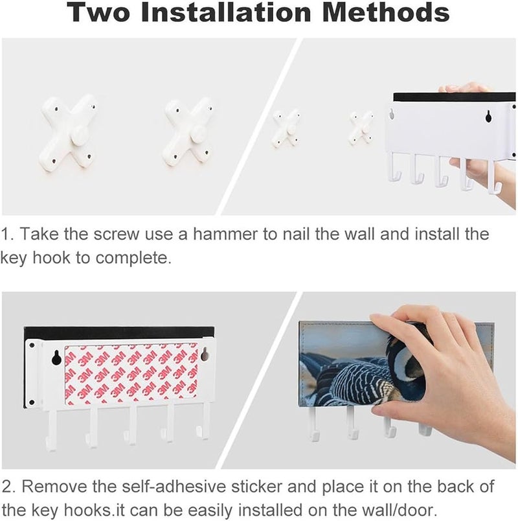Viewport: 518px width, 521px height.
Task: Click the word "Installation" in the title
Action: pos(225,12)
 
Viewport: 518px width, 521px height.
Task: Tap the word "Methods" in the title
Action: pos(386,12)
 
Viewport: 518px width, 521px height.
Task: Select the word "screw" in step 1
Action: pos(116,234)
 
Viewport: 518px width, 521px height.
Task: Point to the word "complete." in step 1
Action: pos(133,258)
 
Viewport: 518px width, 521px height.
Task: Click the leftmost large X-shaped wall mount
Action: pos(68,133)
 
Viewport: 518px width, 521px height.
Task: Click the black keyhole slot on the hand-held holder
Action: pos(488,116)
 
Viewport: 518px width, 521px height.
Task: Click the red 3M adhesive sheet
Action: pos(131,375)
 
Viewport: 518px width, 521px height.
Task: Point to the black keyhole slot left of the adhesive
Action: pos(56,358)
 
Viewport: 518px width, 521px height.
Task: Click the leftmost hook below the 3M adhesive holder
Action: pos(52,430)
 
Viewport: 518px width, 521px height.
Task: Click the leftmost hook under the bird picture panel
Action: pos(313,424)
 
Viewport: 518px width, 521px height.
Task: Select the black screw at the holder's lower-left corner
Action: pos(32,402)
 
